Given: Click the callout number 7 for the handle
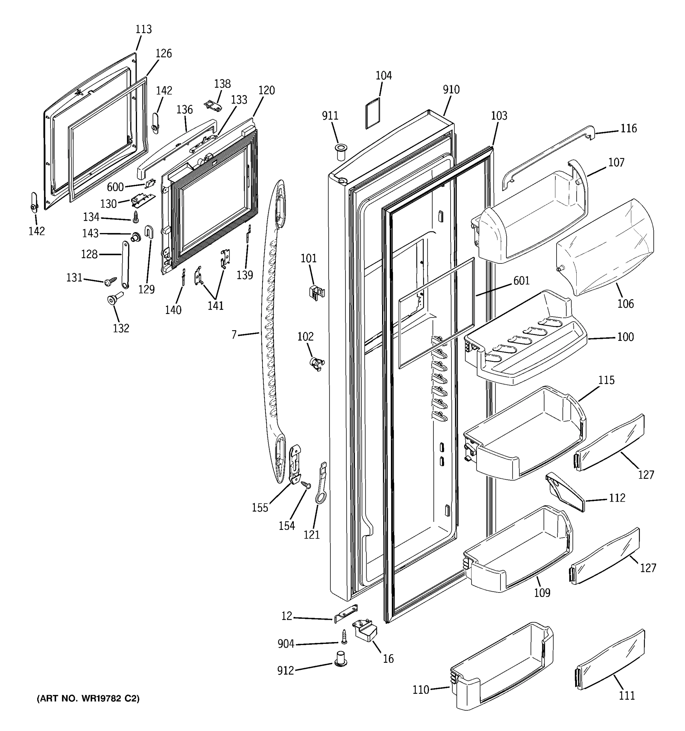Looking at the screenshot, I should tap(234, 335).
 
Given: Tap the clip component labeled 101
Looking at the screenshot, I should tap(316, 292).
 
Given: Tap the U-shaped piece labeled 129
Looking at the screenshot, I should tap(149, 232).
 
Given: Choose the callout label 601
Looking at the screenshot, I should tap(522, 281).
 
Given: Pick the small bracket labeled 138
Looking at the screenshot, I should tap(213, 105).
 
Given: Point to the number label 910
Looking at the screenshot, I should tap(451, 90).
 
